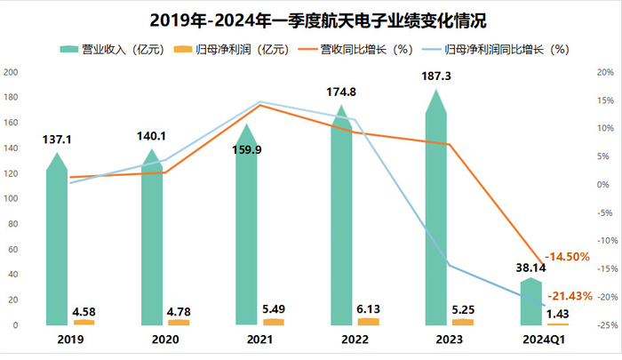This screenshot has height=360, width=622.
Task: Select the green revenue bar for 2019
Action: coord(57,240)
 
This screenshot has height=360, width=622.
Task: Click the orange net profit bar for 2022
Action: coord(368,321)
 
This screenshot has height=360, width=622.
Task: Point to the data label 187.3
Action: coord(435,78)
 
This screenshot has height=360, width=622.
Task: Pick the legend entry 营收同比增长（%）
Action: coord(355,49)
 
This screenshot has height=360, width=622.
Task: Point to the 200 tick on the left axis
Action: coord(11,73)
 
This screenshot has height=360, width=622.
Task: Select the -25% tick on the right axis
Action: coord(605,325)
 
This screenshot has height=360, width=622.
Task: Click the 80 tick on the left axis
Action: coord(13,224)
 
